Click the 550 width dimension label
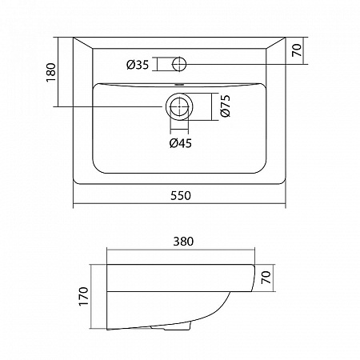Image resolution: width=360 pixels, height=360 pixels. pyautogui.click(x=181, y=196)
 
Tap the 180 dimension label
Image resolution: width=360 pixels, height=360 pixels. pyautogui.click(x=51, y=72)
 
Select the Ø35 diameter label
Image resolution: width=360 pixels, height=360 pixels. pyautogui.click(x=138, y=65)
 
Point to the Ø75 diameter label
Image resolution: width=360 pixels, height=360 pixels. pyautogui.click(x=226, y=106)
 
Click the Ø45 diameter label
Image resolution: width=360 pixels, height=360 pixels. pyautogui.click(x=181, y=143)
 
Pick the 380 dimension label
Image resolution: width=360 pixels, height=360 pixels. pyautogui.click(x=183, y=242)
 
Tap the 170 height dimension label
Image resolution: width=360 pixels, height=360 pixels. pyautogui.click(x=83, y=296)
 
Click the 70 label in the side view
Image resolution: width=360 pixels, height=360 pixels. pyautogui.click(x=266, y=278)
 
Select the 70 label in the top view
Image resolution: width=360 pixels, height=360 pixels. pyautogui.click(x=297, y=50)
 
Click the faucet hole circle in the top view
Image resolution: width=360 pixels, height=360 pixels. pyautogui.click(x=179, y=64)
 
